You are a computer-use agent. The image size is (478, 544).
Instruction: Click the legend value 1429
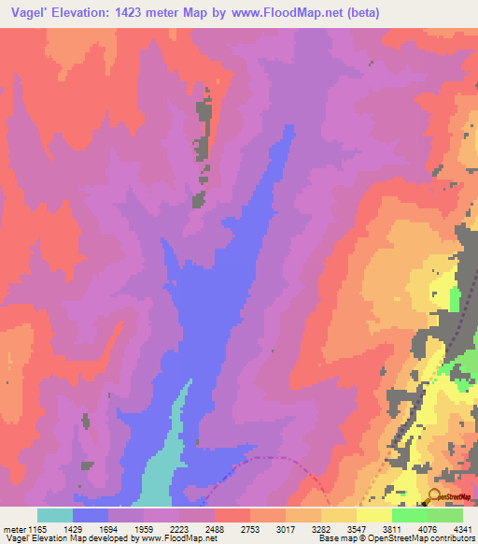point(91,529)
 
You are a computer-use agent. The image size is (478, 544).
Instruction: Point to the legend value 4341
point(463,529)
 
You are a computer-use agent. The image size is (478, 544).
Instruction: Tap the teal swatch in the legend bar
point(55,515)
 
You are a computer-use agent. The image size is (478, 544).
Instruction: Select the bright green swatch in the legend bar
point(410,515)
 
